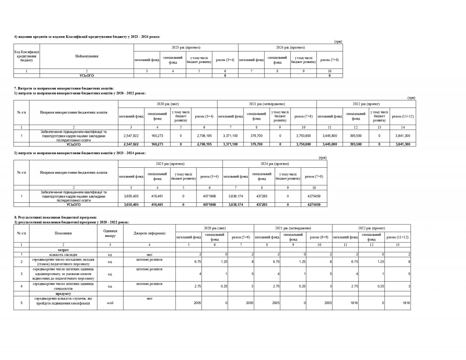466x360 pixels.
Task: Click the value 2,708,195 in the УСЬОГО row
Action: pos(204,144)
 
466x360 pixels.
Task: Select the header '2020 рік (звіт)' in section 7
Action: pos(167,104)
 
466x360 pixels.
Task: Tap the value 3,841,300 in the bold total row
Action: pos(403,144)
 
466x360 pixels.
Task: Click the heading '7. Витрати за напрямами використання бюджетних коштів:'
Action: pos(64,89)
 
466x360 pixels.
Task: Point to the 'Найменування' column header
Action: pos(87,56)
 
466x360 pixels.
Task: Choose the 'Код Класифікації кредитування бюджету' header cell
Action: pos(27,56)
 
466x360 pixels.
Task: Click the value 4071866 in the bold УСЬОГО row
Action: pos(209,204)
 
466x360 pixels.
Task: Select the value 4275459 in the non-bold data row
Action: pos(314,196)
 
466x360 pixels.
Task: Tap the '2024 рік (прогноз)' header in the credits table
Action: pos(290,47)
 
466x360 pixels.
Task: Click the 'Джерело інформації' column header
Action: pos(150,233)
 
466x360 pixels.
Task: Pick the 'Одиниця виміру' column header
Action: pos(110,233)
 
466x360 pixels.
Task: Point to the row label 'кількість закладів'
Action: pos(63,254)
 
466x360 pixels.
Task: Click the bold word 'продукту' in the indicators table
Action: pos(63,294)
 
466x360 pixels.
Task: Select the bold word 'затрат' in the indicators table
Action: pos(63,250)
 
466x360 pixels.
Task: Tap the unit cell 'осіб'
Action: pos(110,303)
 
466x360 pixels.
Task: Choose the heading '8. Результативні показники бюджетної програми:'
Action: pos(56,217)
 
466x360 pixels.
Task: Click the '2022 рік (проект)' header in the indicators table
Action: pos(372,228)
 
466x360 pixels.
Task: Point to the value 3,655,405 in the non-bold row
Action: pos(131,196)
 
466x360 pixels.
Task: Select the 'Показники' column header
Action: pos(63,233)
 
